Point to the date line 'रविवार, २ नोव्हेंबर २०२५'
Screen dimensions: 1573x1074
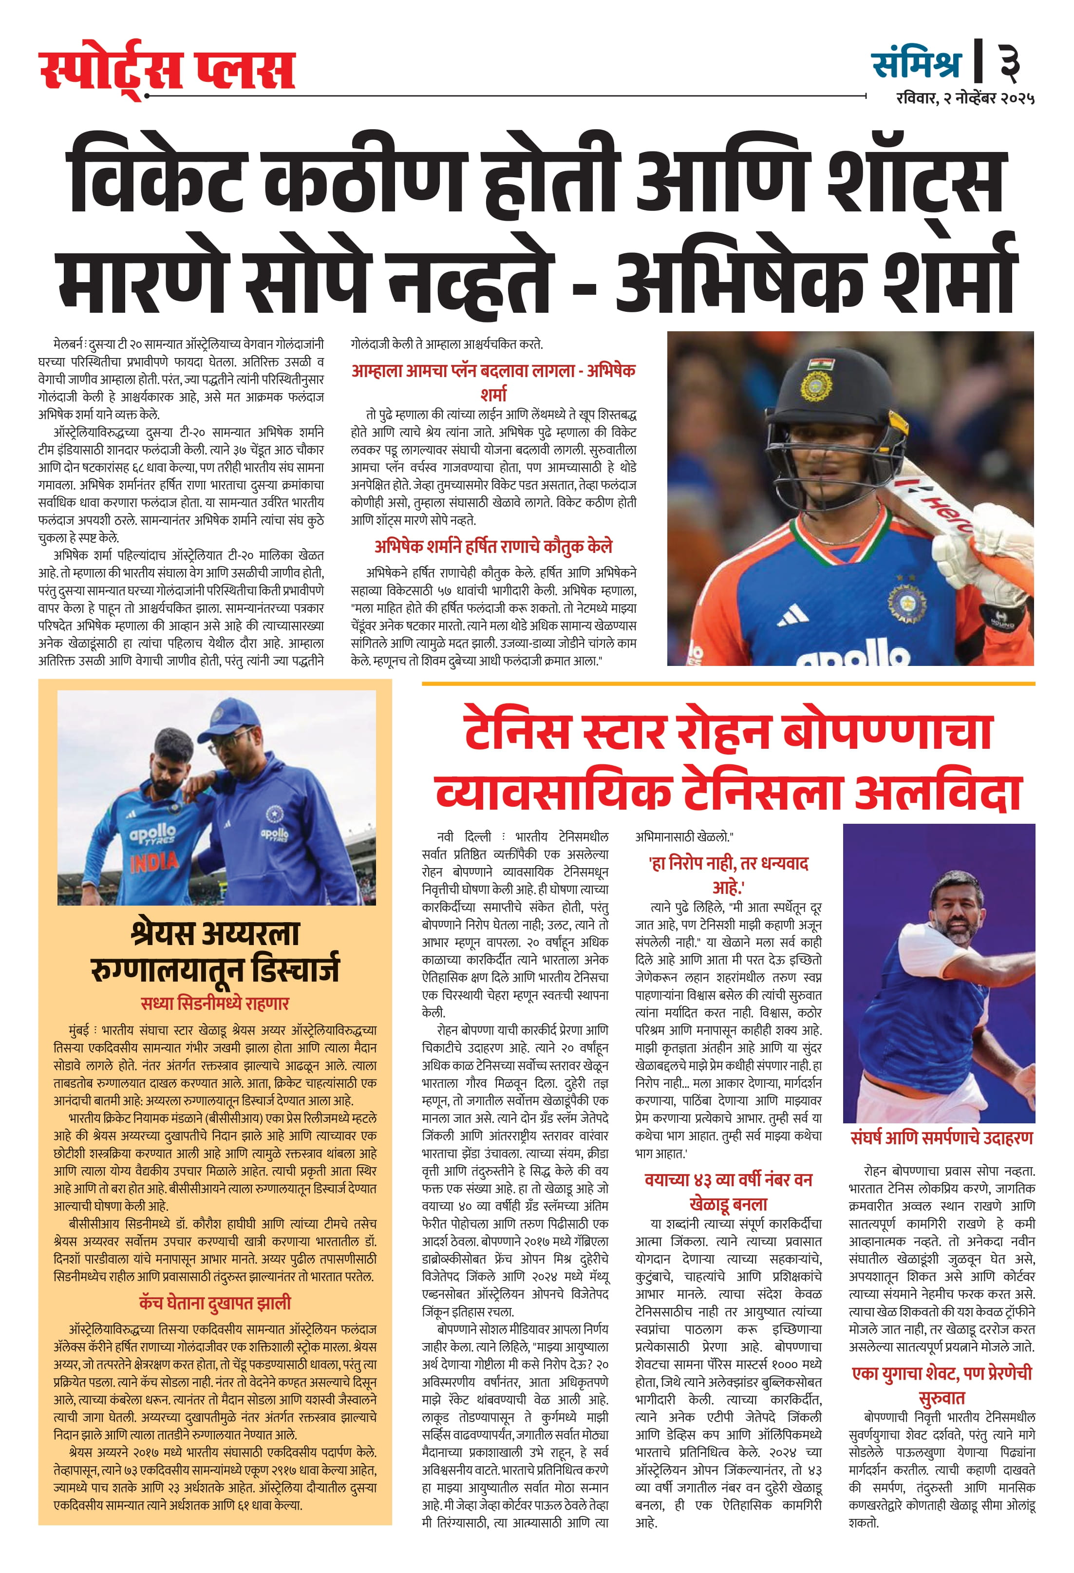point(964,98)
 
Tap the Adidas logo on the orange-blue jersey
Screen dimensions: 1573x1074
point(792,615)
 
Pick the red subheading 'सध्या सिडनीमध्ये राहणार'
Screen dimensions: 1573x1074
point(214,1003)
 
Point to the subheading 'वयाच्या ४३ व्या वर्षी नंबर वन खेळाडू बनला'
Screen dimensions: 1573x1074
point(728,1191)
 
